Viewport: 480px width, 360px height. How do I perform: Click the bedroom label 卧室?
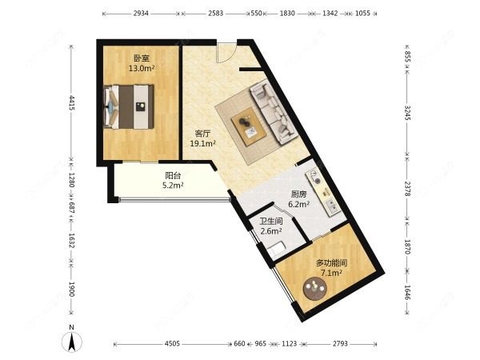(142, 58)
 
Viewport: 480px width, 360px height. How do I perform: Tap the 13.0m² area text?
(142, 69)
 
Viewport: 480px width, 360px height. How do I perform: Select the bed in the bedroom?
(128, 106)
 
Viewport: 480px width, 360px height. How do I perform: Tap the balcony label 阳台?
(173, 175)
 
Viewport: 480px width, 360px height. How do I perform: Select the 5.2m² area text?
(173, 186)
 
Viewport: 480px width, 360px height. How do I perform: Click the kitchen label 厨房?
(298, 194)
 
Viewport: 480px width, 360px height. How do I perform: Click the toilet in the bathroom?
(278, 250)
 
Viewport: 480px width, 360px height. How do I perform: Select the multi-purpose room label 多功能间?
(330, 262)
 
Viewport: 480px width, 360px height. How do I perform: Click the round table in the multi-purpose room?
(313, 290)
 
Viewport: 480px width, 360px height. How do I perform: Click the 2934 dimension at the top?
(141, 14)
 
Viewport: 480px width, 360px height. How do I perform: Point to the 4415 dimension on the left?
(71, 104)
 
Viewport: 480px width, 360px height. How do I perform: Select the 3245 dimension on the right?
(407, 113)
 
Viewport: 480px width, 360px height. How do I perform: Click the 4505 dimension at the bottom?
(172, 344)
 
